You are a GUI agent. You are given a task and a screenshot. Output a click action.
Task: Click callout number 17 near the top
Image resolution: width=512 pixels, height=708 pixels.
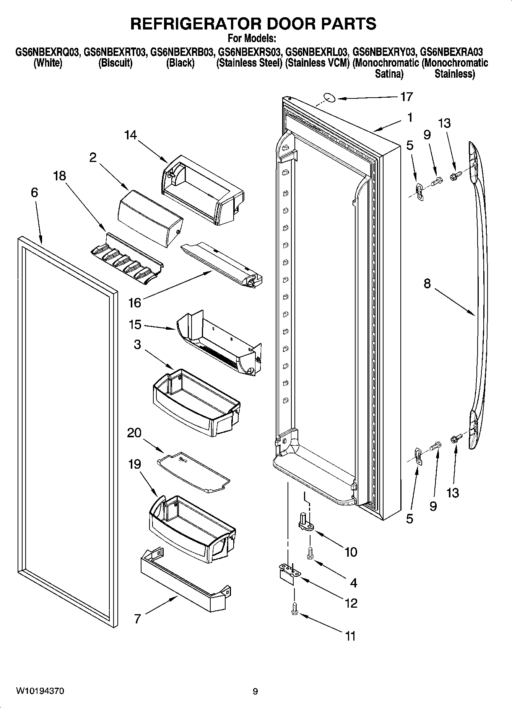pyautogui.click(x=406, y=96)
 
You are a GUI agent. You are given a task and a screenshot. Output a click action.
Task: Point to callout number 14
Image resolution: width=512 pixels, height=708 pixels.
pyautogui.click(x=130, y=135)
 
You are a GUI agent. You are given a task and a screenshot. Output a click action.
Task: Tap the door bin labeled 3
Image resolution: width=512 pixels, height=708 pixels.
pyautogui.click(x=195, y=402)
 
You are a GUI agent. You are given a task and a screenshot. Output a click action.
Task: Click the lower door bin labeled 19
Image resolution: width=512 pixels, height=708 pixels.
pyautogui.click(x=191, y=528)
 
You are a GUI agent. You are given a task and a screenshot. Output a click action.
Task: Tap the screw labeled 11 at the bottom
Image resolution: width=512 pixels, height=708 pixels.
pyautogui.click(x=294, y=609)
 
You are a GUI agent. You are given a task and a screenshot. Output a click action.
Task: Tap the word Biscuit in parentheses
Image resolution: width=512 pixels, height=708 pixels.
pyautogui.click(x=115, y=63)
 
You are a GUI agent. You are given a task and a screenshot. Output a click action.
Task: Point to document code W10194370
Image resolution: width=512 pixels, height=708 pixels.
pyautogui.click(x=40, y=691)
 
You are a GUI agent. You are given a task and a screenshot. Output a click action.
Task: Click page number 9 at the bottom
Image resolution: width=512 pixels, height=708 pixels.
pyautogui.click(x=255, y=692)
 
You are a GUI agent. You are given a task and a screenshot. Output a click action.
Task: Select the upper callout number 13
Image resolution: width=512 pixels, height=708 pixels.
pyautogui.click(x=444, y=123)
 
